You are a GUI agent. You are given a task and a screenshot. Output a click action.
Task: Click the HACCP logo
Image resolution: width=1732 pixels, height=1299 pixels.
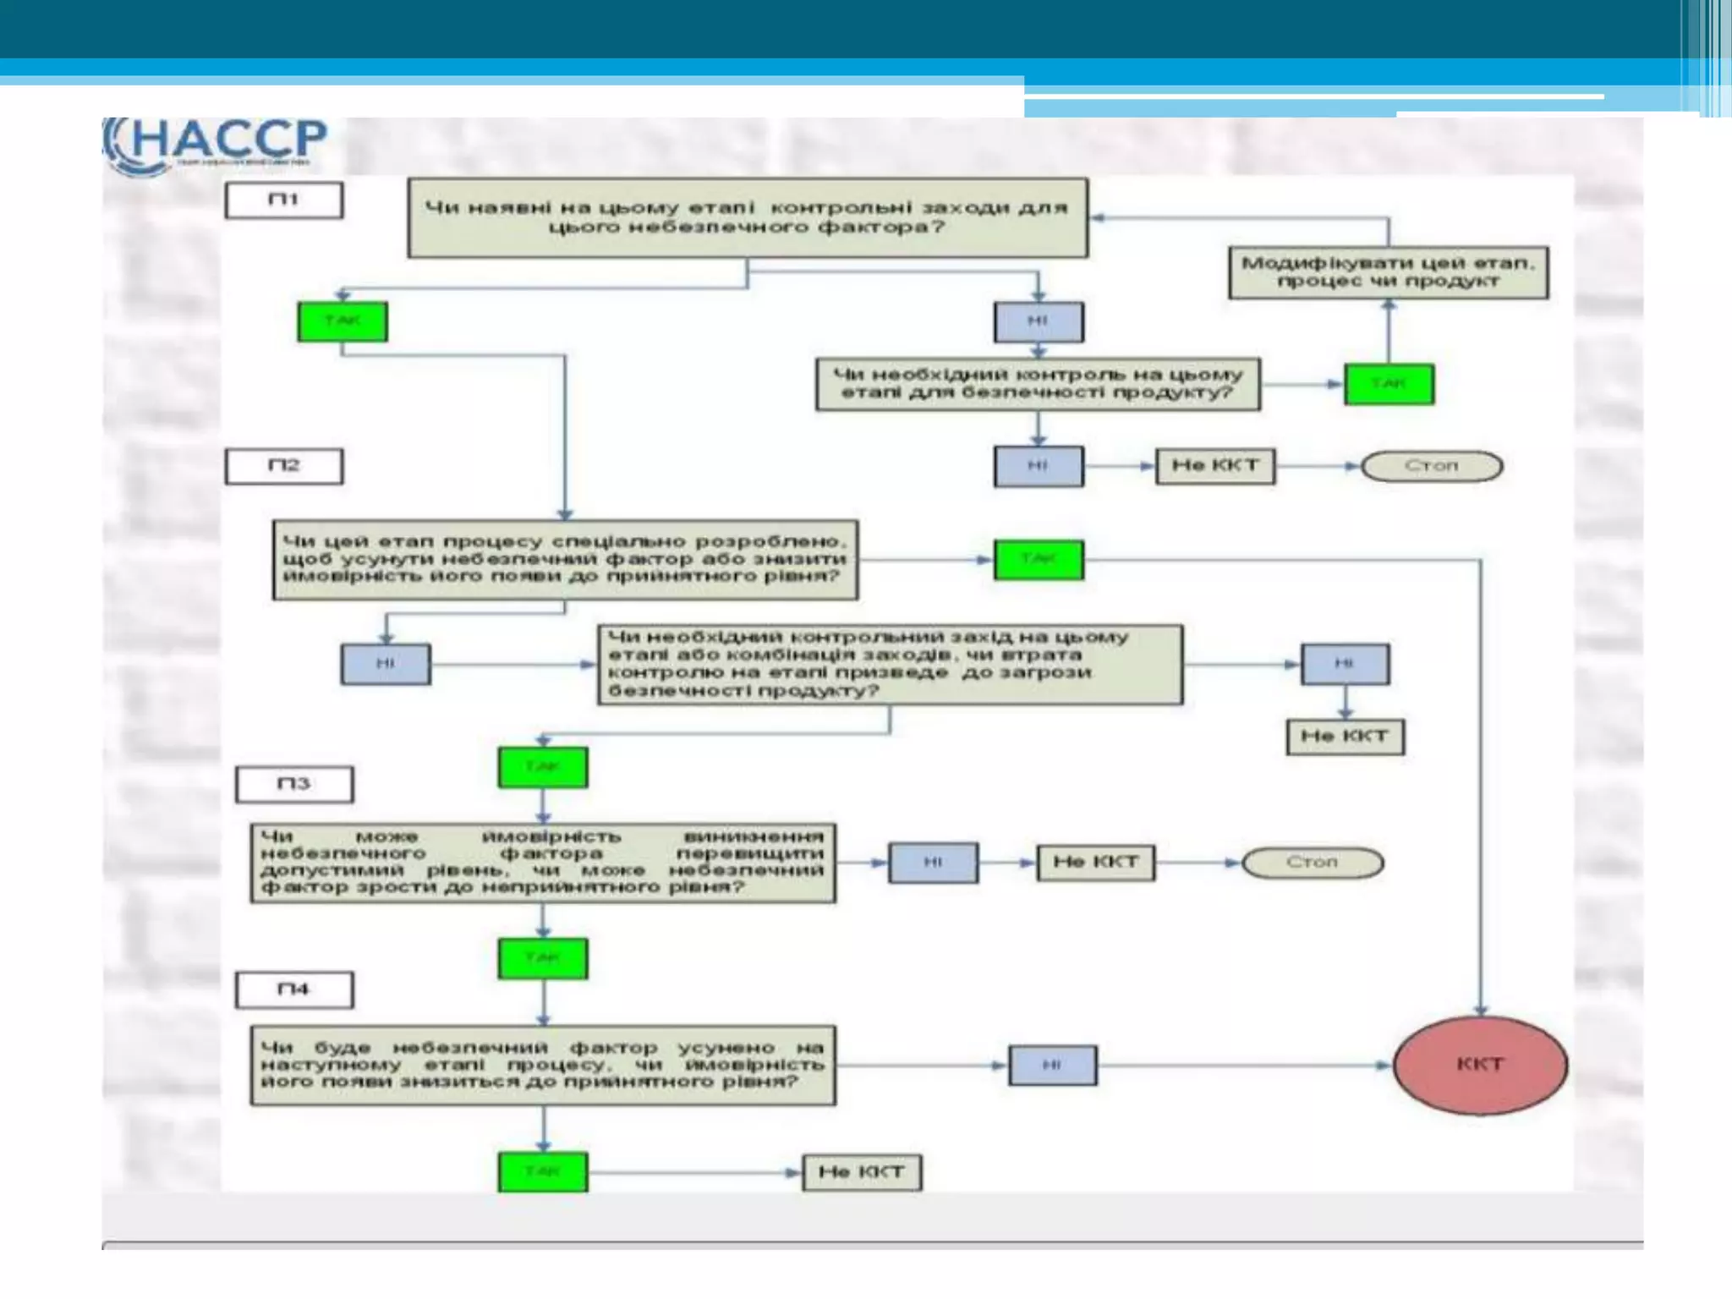pos(216,144)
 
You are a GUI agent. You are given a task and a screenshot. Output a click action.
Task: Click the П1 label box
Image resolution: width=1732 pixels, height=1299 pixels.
pos(284,200)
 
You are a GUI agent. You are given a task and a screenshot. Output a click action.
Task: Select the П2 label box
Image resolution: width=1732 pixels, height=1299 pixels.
pos(284,466)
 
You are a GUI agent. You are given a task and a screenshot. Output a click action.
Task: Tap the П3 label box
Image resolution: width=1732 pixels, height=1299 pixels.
pos(294,784)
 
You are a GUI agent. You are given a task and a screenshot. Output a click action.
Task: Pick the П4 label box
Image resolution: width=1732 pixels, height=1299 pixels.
pos(294,989)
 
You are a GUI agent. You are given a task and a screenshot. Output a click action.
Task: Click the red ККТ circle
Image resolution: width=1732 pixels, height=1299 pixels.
pos(1480,1065)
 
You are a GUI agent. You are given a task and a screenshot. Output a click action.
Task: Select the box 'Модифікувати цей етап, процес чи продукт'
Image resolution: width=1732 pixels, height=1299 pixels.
pos(1388,272)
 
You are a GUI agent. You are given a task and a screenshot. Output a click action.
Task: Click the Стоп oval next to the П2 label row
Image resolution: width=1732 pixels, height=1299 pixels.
pos(1432,466)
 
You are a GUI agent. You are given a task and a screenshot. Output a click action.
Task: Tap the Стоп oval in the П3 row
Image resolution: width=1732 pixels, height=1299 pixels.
pos(1313,863)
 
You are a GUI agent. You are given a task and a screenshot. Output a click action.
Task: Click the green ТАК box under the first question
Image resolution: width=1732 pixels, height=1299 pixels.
pos(343,321)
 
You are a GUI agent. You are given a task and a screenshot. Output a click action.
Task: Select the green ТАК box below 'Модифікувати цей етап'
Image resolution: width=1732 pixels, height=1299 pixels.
pos(1389,384)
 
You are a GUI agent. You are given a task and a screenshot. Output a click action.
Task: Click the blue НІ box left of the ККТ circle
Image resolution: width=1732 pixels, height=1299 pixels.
pos(1052,1065)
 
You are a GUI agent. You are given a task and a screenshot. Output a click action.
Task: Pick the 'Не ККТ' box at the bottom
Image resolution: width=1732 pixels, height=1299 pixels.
pos(862,1173)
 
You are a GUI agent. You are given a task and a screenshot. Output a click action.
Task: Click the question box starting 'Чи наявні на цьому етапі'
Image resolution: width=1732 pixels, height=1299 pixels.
pos(748,217)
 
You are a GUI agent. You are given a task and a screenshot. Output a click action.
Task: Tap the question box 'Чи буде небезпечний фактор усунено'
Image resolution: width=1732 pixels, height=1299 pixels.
pos(543,1065)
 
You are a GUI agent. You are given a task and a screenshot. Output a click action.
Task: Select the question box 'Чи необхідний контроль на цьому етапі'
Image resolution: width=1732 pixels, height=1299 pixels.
pos(1038,384)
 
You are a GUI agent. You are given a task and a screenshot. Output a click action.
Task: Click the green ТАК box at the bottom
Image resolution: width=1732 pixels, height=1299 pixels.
pos(543,1172)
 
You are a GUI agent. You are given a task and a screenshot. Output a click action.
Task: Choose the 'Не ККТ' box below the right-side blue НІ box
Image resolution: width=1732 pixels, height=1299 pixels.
pos(1345,737)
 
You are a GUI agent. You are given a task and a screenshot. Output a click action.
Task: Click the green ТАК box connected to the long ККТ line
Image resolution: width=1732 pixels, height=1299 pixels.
pos(1039,559)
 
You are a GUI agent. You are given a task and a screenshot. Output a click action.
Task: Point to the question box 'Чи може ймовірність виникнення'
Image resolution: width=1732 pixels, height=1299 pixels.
pos(543,863)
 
